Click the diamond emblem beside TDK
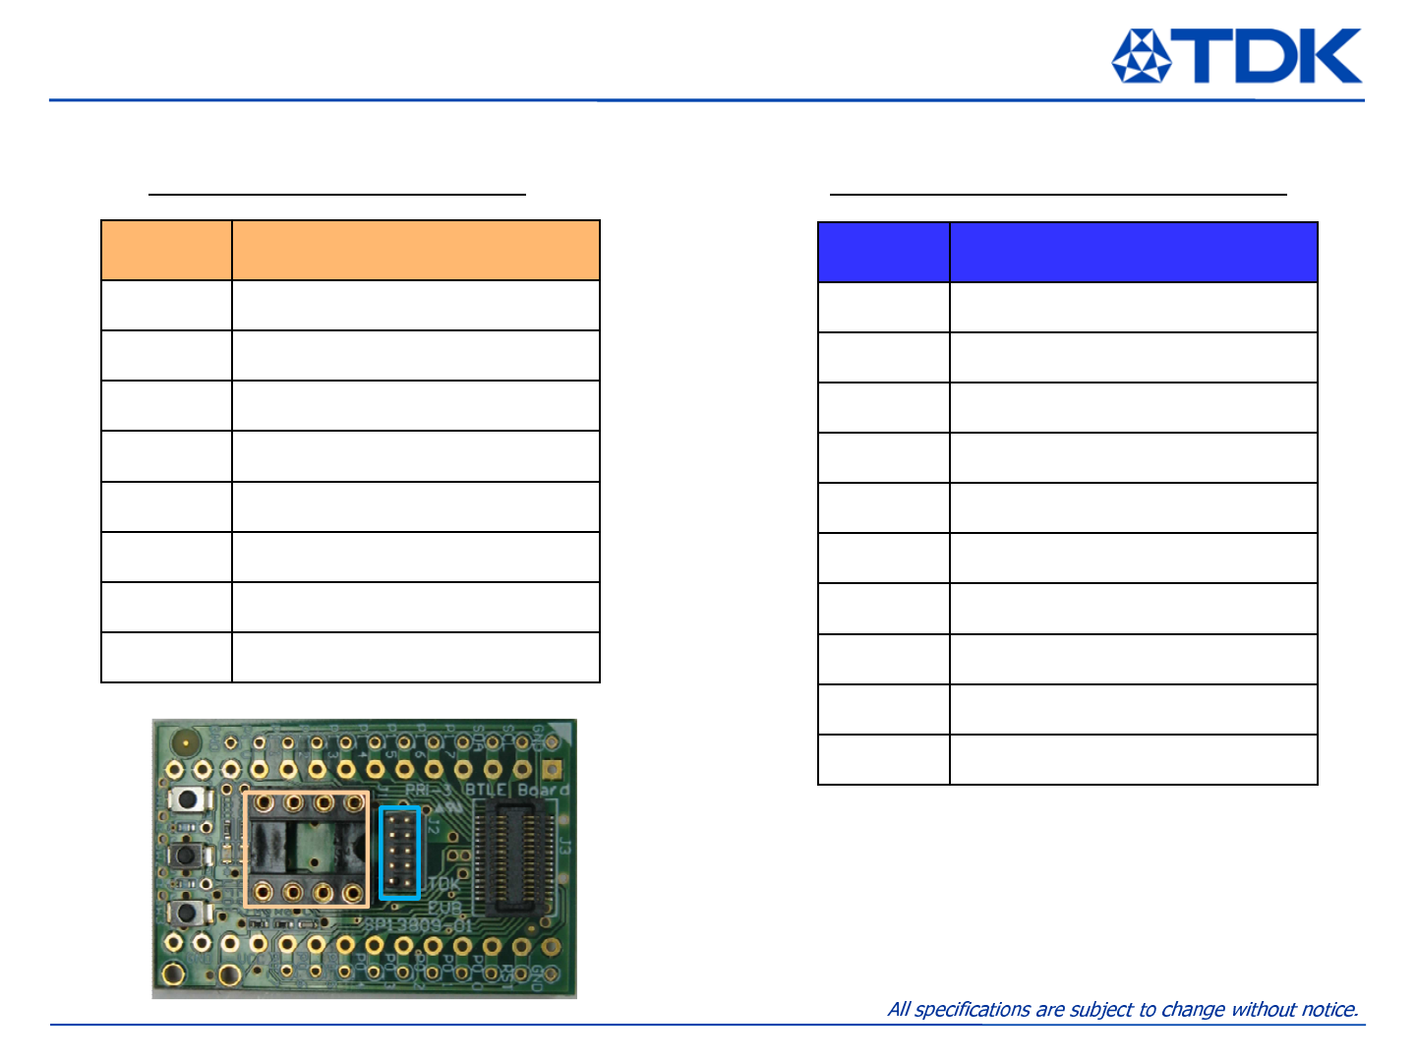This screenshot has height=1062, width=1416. (1141, 56)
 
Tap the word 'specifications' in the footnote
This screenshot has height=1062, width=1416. (973, 1009)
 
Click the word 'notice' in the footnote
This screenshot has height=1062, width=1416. (1329, 1009)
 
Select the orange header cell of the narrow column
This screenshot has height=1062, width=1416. (166, 251)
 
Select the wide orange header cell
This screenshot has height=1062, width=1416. (415, 251)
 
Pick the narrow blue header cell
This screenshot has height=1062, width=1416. (883, 253)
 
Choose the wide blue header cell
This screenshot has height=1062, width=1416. (1133, 253)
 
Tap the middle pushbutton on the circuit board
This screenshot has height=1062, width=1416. (184, 855)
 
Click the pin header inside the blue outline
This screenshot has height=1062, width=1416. (400, 853)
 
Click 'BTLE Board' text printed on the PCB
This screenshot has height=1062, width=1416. (516, 790)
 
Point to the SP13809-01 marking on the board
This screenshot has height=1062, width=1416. (419, 925)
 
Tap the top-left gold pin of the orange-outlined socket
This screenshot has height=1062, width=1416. (264, 804)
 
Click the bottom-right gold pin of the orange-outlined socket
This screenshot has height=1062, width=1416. (352, 893)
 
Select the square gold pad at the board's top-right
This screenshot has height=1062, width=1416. (552, 769)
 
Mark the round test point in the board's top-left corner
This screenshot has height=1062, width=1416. (182, 740)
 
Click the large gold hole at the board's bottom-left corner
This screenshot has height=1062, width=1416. (173, 974)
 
